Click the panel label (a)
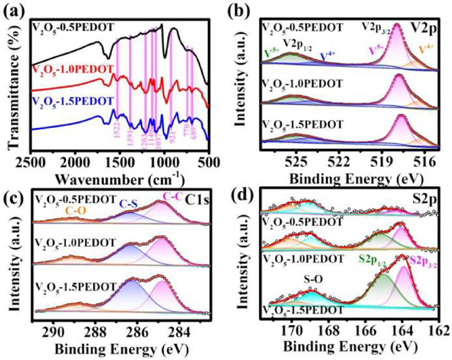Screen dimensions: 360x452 point(14,8)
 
